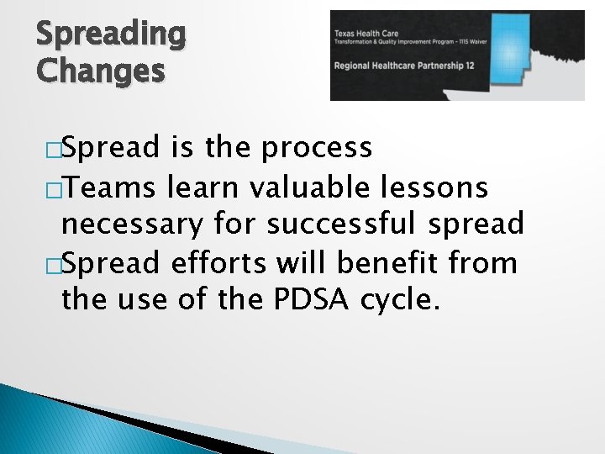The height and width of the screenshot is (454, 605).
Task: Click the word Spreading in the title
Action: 110,34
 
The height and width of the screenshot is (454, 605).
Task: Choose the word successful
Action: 344,224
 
